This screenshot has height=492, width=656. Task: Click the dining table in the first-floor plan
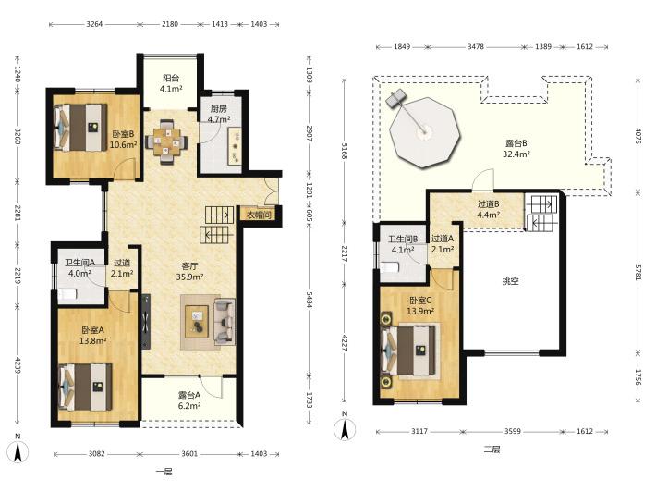166,141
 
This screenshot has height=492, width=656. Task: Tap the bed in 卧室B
79,128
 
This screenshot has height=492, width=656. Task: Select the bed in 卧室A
86,387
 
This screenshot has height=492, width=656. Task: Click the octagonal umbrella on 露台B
424,133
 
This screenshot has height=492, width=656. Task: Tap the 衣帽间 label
259,215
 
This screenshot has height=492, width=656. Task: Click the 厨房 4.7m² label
219,115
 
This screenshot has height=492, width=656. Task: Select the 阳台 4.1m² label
171,83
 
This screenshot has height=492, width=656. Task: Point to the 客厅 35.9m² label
189,271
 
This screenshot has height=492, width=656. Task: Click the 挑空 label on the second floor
510,281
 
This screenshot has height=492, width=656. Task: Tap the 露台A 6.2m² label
189,400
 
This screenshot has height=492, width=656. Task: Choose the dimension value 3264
94,24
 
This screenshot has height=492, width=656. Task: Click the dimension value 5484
309,300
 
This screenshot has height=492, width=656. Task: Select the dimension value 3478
476,46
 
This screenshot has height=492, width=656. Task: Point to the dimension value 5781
638,274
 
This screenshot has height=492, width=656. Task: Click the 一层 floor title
164,472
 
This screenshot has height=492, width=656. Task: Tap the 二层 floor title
492,449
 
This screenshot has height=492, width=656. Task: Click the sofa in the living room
225,322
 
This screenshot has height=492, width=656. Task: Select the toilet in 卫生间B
390,267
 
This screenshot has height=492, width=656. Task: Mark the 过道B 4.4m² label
488,210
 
